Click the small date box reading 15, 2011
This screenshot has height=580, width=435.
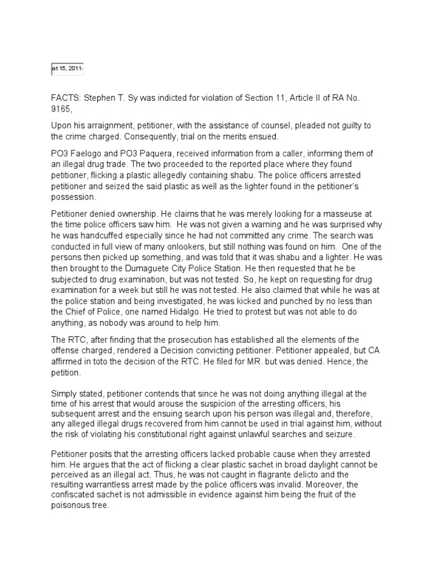67,69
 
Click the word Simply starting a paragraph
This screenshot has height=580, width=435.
65,393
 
